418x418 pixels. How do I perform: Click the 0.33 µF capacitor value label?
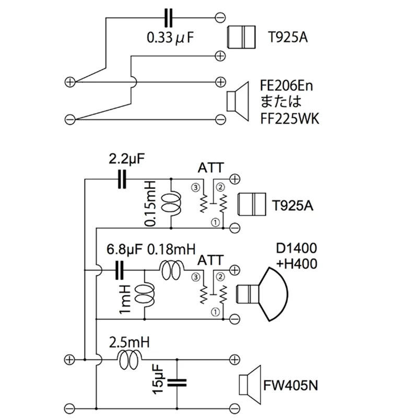(x=170, y=38)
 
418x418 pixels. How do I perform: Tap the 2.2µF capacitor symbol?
(x=122, y=179)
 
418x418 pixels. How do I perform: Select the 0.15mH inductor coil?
(x=172, y=203)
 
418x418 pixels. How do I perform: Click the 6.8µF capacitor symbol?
(x=120, y=270)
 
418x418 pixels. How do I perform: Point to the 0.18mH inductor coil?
(x=171, y=270)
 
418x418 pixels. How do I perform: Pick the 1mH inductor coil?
(x=145, y=295)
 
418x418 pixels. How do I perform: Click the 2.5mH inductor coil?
(x=130, y=359)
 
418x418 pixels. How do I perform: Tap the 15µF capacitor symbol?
(x=177, y=383)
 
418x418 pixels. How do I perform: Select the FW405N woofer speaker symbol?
(x=250, y=385)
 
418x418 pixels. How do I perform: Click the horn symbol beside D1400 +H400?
(x=262, y=294)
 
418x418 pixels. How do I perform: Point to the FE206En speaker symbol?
(x=238, y=101)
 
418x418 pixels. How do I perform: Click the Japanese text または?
(x=281, y=101)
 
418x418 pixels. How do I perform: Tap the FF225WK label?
(x=289, y=119)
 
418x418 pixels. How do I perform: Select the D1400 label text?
(x=297, y=248)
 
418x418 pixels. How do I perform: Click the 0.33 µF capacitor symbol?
(x=168, y=18)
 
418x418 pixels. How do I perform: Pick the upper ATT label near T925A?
(x=211, y=168)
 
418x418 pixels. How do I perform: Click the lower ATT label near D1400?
(x=211, y=260)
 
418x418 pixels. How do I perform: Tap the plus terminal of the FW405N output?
(x=235, y=359)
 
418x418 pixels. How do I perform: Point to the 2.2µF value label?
(x=126, y=159)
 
